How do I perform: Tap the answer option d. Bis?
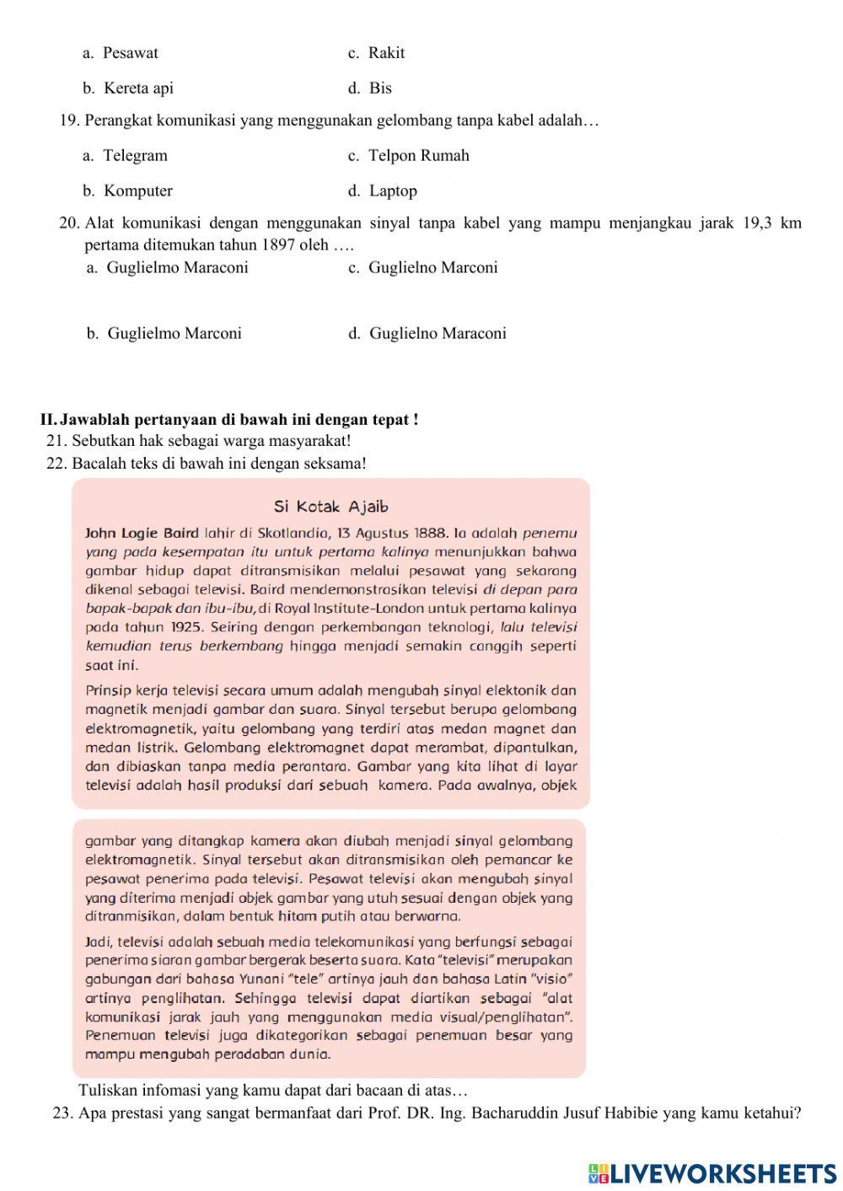coord(370,89)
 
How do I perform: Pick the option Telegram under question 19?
coord(126,156)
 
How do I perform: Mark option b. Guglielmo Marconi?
coord(164,334)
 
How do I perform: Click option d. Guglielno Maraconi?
coord(427,334)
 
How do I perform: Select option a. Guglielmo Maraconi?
coord(168,268)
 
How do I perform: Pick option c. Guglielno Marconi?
coord(423,268)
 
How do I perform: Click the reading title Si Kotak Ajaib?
coord(330,507)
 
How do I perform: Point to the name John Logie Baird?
coord(142,534)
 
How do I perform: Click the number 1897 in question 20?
coord(278,245)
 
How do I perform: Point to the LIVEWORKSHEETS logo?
coord(712,1172)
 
